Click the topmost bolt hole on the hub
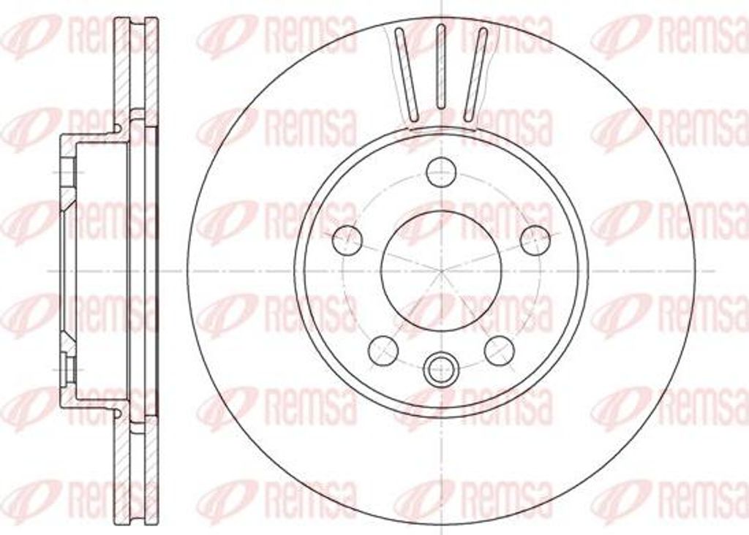441,172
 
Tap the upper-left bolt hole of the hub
347,240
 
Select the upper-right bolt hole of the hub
535,240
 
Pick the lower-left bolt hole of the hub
383,350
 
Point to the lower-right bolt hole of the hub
500,350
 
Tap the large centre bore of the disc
441,270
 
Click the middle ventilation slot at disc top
441,67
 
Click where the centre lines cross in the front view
441,270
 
